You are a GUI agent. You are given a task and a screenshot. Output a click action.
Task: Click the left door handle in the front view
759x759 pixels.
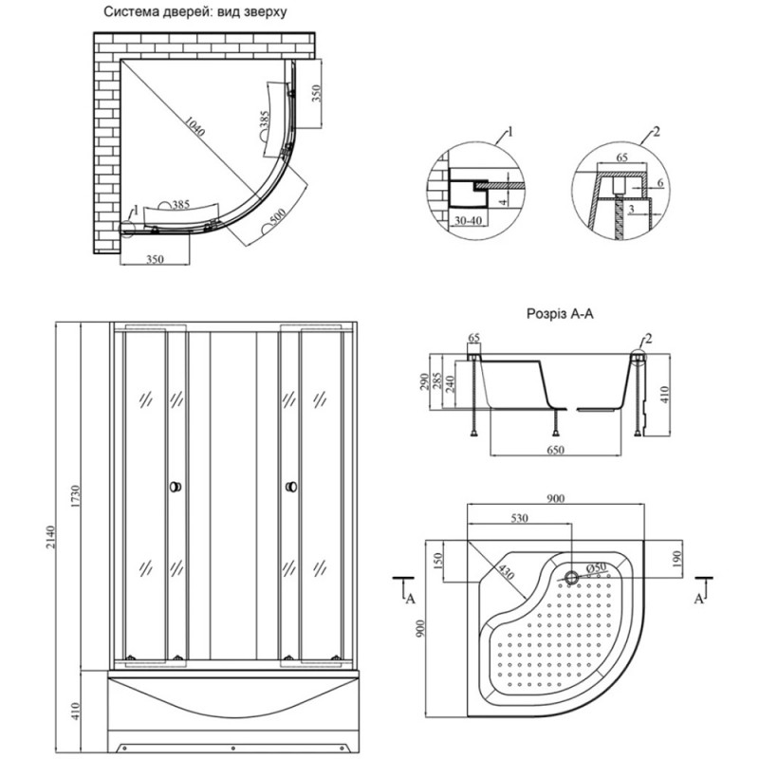[x=174, y=488]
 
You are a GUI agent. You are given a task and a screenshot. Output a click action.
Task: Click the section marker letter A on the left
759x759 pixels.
[x=411, y=599]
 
